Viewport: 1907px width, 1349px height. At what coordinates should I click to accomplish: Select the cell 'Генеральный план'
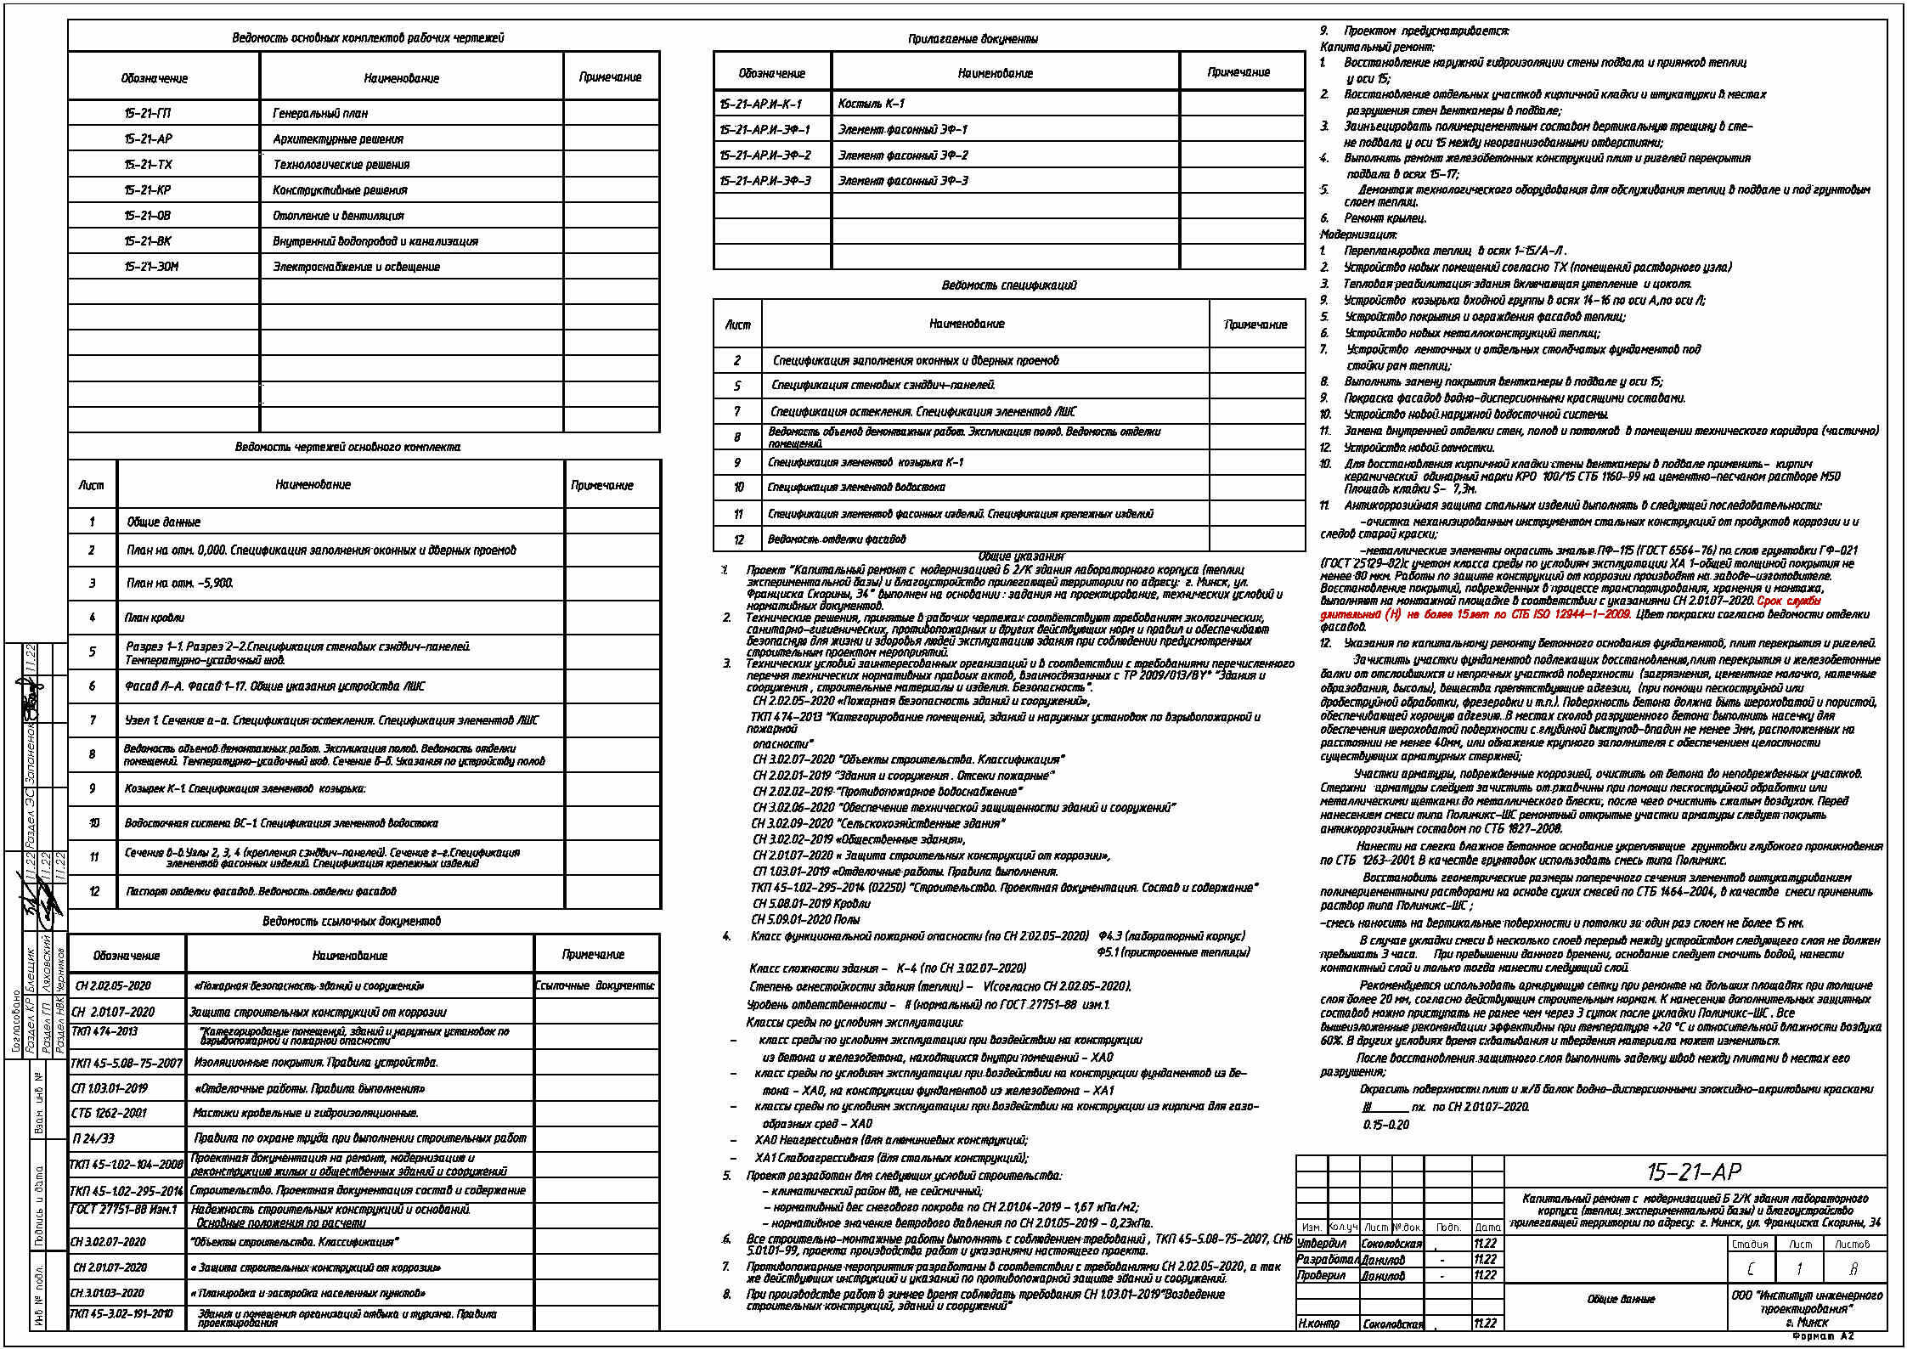(320, 113)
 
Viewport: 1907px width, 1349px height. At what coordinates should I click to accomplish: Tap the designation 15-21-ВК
(148, 241)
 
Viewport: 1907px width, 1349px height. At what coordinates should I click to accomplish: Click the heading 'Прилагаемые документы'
(973, 39)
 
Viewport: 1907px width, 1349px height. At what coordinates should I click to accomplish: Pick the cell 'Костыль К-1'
(871, 104)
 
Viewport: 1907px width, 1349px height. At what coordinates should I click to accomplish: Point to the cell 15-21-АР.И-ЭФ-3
(764, 181)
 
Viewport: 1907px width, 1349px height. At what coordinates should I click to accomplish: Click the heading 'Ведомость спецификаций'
(1008, 285)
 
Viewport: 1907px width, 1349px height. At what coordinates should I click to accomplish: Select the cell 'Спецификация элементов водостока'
(855, 488)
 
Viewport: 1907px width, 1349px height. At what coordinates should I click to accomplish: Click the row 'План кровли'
(155, 618)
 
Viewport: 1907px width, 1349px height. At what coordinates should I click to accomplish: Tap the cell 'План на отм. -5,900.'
(179, 584)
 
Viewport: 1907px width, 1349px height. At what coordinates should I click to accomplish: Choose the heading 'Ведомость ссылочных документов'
(351, 922)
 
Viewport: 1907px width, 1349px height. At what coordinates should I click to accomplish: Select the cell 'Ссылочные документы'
(595, 986)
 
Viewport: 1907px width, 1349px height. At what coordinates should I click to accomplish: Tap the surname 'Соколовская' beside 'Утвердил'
(1391, 1244)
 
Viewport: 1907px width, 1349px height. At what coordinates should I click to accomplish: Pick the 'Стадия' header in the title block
(1750, 1245)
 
